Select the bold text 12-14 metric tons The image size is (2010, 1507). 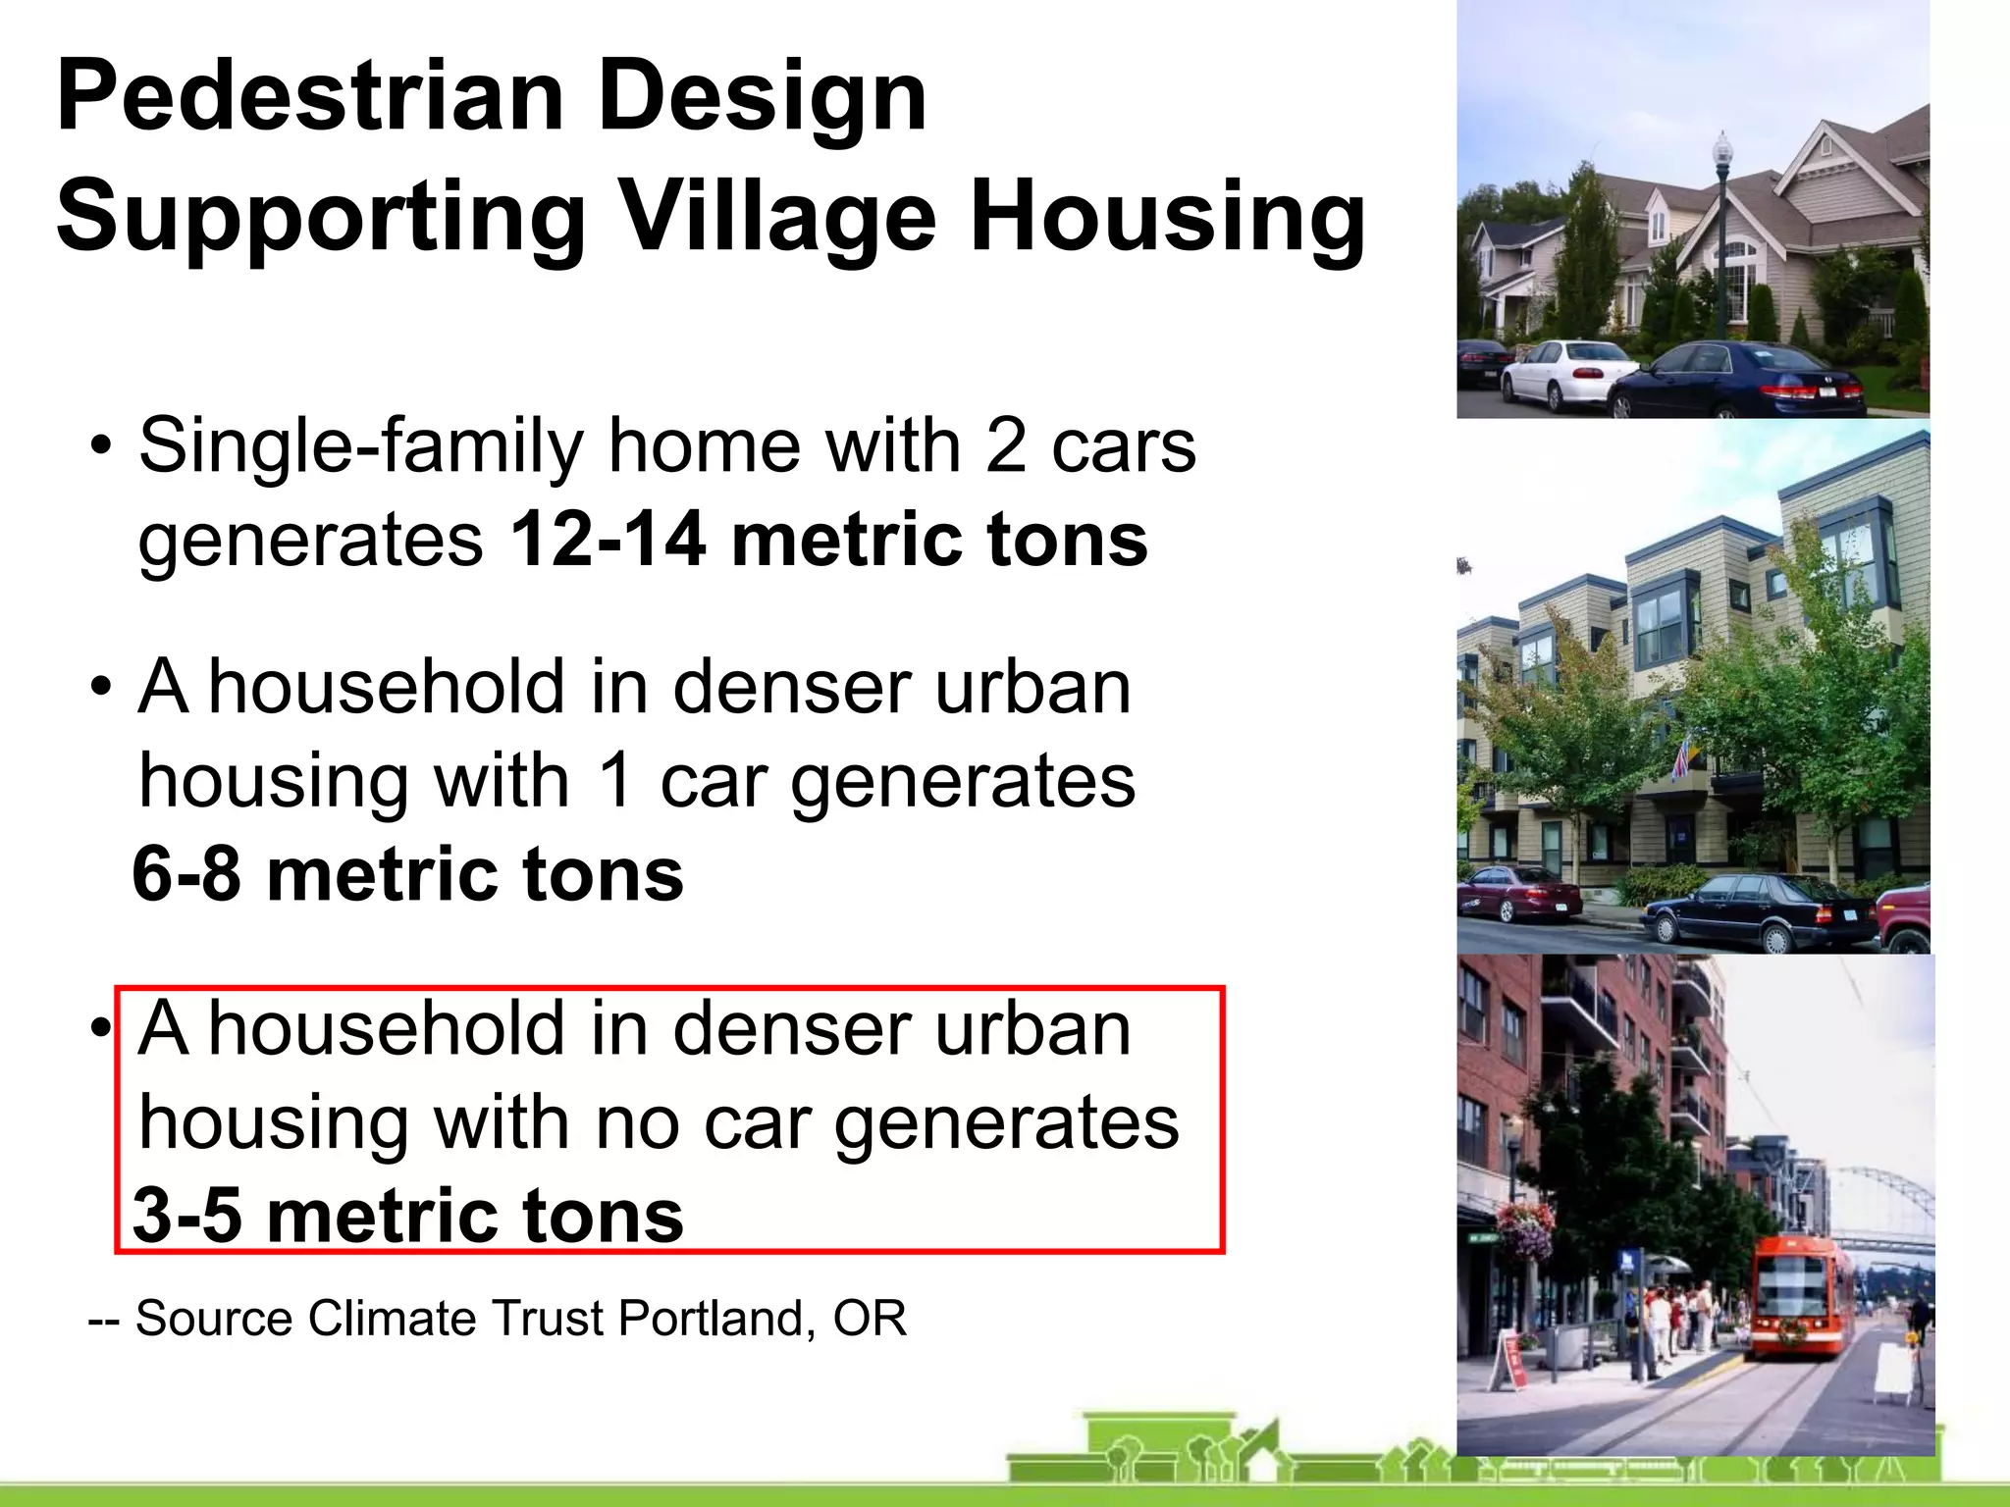828,540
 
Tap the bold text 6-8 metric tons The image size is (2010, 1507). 407,874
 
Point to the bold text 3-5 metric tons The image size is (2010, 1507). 407,1216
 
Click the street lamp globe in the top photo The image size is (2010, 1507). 1722,149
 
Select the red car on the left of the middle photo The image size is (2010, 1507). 1516,893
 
